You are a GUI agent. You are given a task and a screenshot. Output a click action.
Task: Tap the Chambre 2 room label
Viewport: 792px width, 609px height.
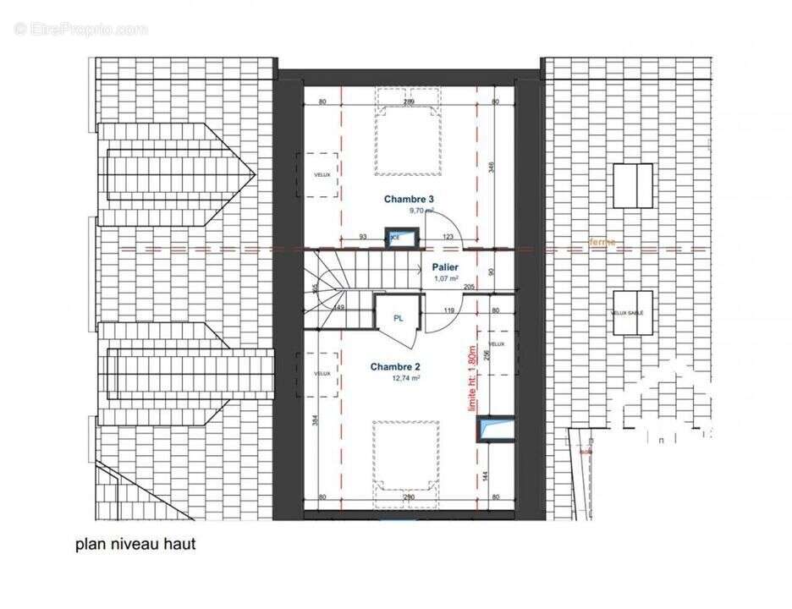[396, 367]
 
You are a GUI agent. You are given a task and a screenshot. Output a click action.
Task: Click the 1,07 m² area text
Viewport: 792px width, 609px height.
[445, 277]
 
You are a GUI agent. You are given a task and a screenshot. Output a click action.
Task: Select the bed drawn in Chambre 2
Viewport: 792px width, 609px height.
[408, 456]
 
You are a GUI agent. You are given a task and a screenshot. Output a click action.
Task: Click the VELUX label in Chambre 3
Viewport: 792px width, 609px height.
[322, 174]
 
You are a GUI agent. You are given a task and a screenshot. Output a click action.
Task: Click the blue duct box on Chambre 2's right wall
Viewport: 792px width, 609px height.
[495, 429]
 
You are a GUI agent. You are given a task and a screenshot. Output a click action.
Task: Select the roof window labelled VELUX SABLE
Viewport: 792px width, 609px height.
[632, 313]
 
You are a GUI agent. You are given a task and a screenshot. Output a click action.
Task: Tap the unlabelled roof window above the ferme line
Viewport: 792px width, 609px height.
[633, 186]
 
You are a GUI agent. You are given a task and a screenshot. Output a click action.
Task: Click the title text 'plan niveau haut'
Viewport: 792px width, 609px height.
[135, 544]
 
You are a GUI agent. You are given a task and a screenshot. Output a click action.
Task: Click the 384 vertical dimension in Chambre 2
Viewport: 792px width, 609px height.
[315, 420]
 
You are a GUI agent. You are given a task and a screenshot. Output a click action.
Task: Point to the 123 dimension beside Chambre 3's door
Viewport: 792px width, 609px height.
[448, 238]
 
